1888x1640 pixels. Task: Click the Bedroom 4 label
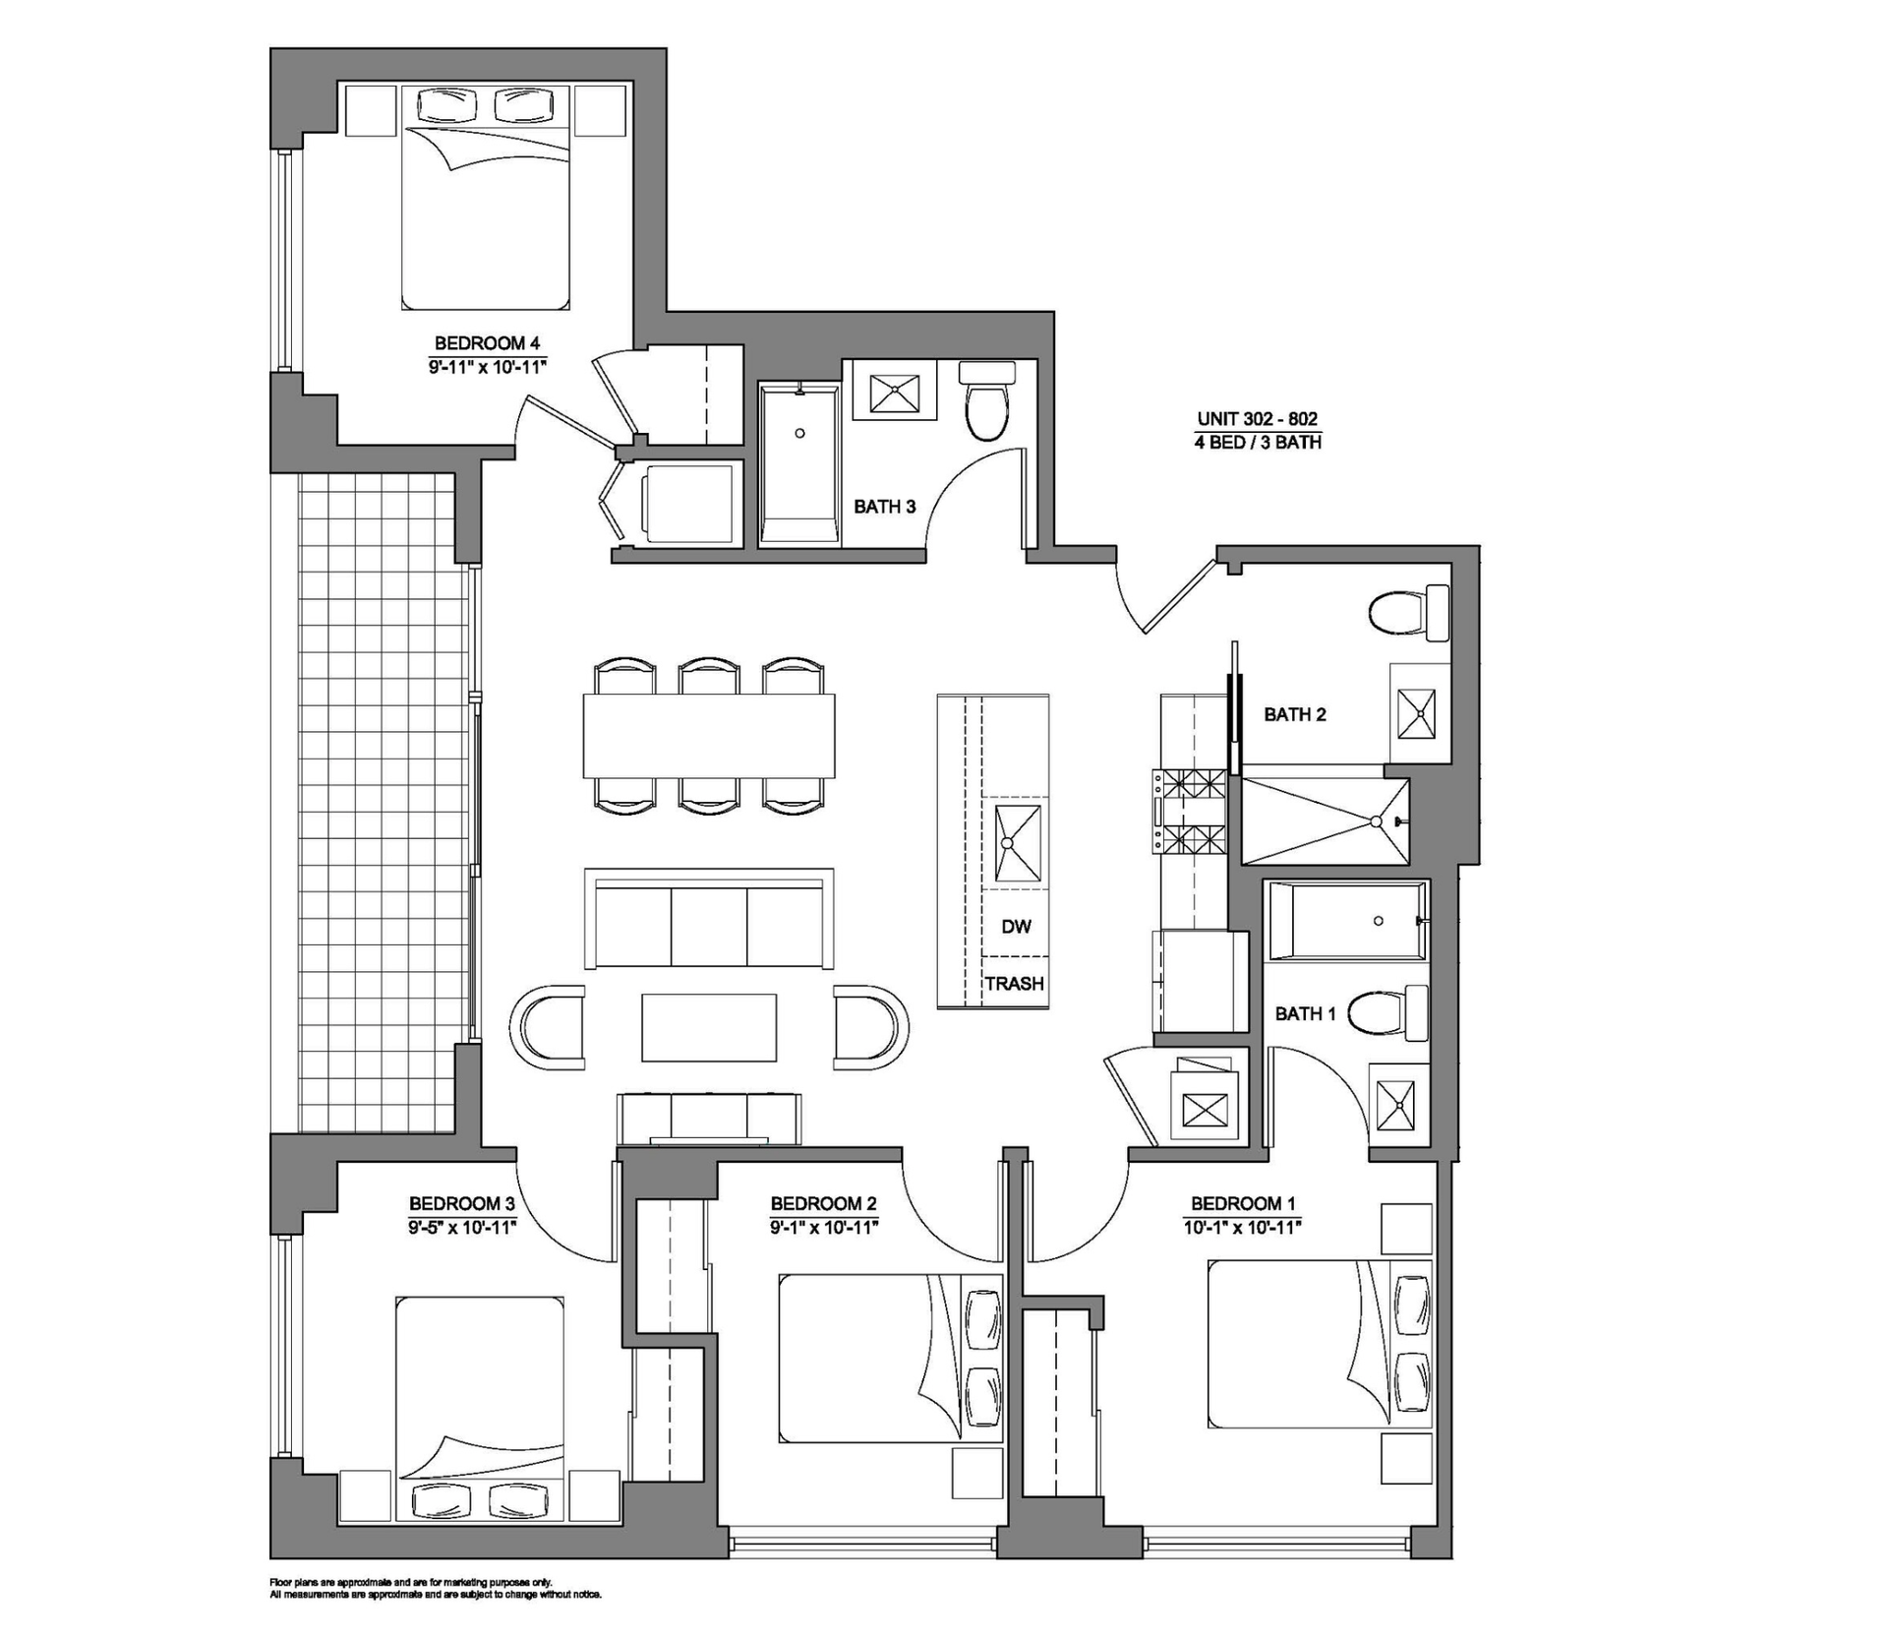[x=487, y=343]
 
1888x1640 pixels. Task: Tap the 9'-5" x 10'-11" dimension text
[x=462, y=1227]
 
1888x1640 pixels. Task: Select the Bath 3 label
[x=884, y=507]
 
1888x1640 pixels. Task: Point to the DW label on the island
[x=1016, y=926]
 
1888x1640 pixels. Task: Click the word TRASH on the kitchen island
[x=1014, y=983]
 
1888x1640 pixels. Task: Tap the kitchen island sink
[x=1017, y=843]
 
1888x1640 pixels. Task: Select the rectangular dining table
[x=708, y=736]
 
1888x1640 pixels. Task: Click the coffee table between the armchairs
[x=709, y=1028]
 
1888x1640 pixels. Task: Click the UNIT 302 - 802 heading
[x=1257, y=418]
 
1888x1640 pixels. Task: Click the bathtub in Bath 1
[x=1346, y=921]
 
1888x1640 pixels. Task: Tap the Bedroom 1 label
[x=1242, y=1203]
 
